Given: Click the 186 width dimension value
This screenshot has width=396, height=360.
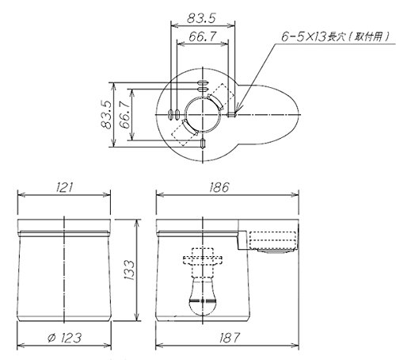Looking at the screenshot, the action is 219,187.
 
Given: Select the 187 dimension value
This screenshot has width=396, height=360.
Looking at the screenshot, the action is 230,338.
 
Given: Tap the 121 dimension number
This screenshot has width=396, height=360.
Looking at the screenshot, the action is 64,187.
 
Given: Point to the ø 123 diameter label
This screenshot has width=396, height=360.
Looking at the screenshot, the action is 64,338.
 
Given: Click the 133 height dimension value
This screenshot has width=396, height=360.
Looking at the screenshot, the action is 129,270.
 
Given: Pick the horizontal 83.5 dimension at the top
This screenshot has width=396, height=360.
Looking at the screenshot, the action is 201,18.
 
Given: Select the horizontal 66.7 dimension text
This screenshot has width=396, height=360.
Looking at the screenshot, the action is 203,36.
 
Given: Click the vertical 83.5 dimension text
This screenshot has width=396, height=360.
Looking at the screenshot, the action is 107,114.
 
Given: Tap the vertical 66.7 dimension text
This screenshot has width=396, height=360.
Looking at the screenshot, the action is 125,114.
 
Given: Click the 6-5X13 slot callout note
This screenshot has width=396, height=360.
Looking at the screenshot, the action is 335,36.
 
